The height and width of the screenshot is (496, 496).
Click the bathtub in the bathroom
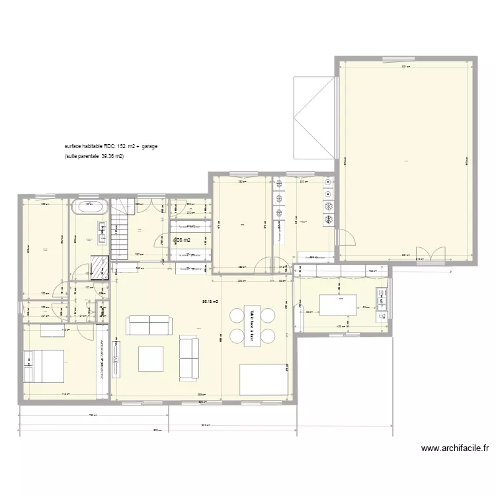click(x=90, y=206)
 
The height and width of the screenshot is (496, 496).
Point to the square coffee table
click(x=151, y=358)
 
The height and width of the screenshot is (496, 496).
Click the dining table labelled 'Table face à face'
click(x=252, y=325)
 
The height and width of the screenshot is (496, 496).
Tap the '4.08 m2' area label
click(x=181, y=240)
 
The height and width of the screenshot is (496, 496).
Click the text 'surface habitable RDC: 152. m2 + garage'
click(x=110, y=145)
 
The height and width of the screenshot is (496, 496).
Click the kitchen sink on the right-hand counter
click(x=382, y=300)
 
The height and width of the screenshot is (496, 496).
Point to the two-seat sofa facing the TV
click(x=149, y=325)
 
